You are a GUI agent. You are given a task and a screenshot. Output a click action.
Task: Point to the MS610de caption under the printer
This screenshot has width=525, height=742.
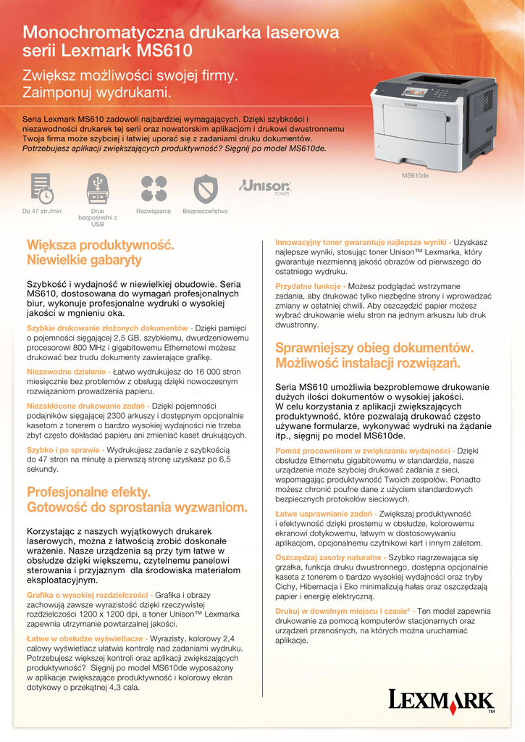(x=415, y=176)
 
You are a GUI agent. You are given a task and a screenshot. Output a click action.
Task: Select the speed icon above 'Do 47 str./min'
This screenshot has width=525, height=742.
(x=41, y=188)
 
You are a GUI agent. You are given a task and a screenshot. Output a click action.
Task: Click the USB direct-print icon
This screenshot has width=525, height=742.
(x=97, y=188)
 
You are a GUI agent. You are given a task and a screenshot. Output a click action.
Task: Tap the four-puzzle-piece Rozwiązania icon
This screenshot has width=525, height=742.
(x=154, y=188)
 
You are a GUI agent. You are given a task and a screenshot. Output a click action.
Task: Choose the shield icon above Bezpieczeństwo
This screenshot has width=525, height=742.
(x=205, y=188)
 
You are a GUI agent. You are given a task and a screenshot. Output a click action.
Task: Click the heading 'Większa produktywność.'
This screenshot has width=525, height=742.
(x=100, y=245)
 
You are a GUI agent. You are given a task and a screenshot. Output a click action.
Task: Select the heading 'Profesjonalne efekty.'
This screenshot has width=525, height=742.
(x=89, y=493)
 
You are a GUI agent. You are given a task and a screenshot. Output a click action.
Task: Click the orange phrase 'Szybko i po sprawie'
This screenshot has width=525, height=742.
(x=63, y=450)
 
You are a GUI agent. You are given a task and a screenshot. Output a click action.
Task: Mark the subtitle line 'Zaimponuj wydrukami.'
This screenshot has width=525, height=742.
(x=97, y=93)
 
